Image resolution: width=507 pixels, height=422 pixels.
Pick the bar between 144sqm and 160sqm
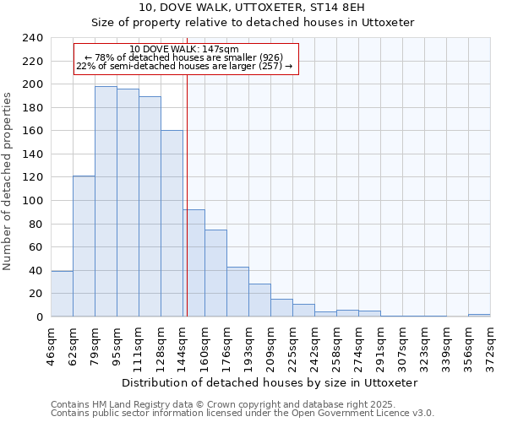(194, 262)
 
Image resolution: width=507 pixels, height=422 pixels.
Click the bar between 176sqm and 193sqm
(237, 292)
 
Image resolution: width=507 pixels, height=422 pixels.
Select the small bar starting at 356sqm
(479, 315)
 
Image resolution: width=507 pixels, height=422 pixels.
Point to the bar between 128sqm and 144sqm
(172, 224)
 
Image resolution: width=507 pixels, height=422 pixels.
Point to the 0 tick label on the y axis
(39, 316)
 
